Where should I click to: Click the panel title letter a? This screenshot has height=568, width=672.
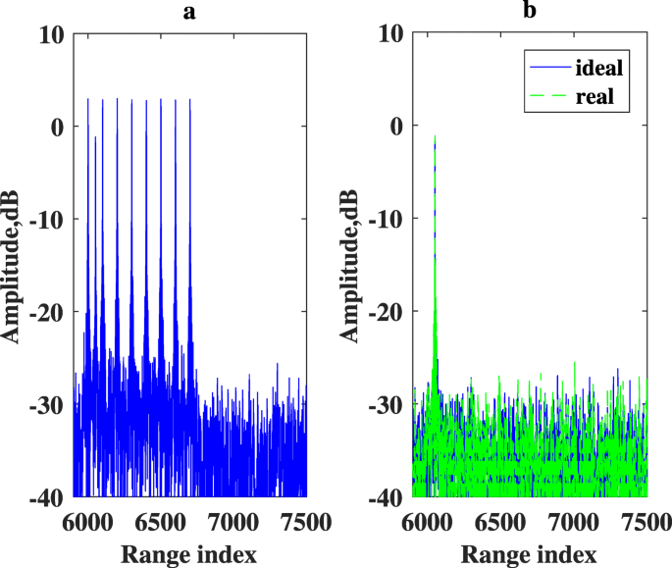tap(190, 13)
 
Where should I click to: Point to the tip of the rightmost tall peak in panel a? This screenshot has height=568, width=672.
tap(190, 99)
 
